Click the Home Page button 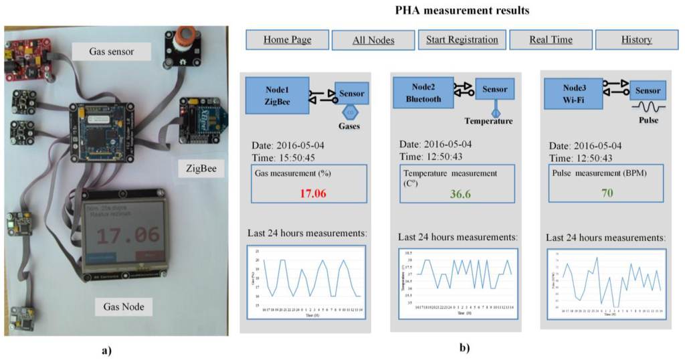click(x=288, y=39)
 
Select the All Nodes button click(x=373, y=40)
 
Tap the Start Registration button click(x=462, y=39)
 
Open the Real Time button click(x=551, y=39)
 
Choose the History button click(x=636, y=39)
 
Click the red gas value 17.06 click(x=302, y=193)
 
